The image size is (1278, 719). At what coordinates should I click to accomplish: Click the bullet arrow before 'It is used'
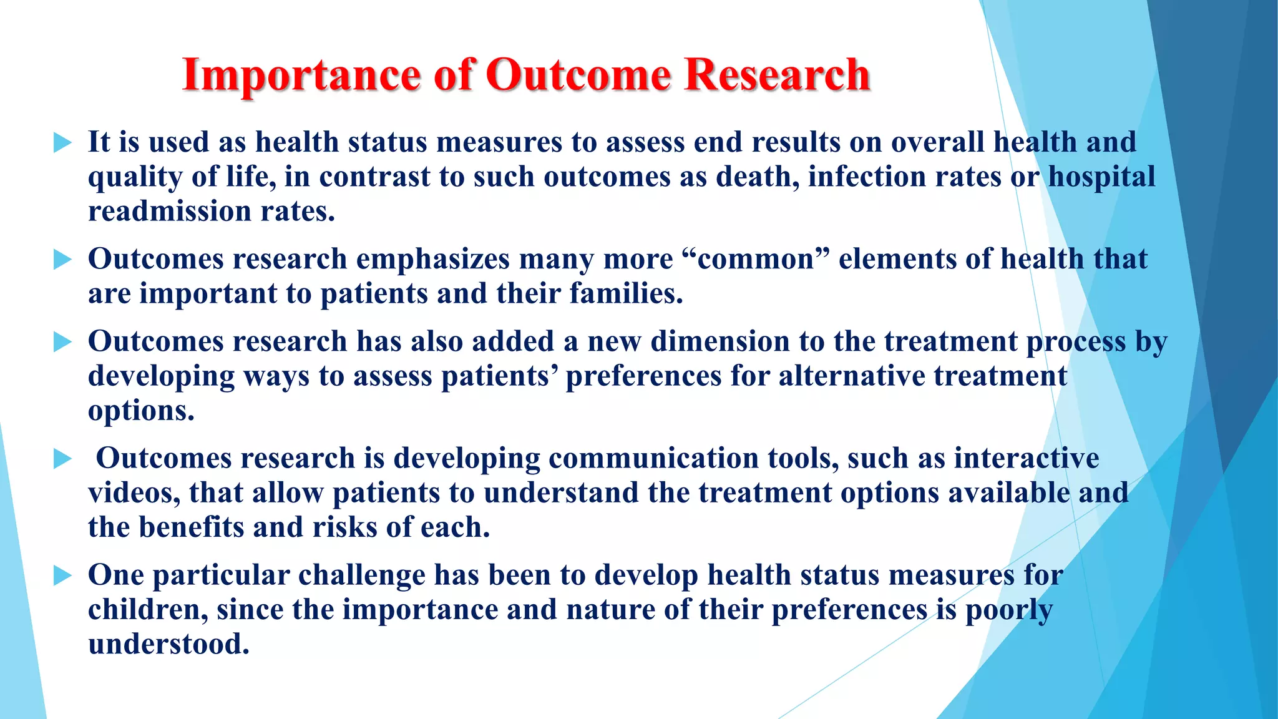(63, 143)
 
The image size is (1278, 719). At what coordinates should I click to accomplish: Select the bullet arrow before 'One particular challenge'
(63, 575)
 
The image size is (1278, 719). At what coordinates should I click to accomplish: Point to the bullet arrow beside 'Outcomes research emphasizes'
(63, 260)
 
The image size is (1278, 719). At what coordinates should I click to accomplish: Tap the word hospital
(1101, 177)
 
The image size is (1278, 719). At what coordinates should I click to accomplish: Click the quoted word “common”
(756, 260)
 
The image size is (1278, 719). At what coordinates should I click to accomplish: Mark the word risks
(344, 527)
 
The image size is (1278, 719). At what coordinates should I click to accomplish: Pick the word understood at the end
(168, 644)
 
